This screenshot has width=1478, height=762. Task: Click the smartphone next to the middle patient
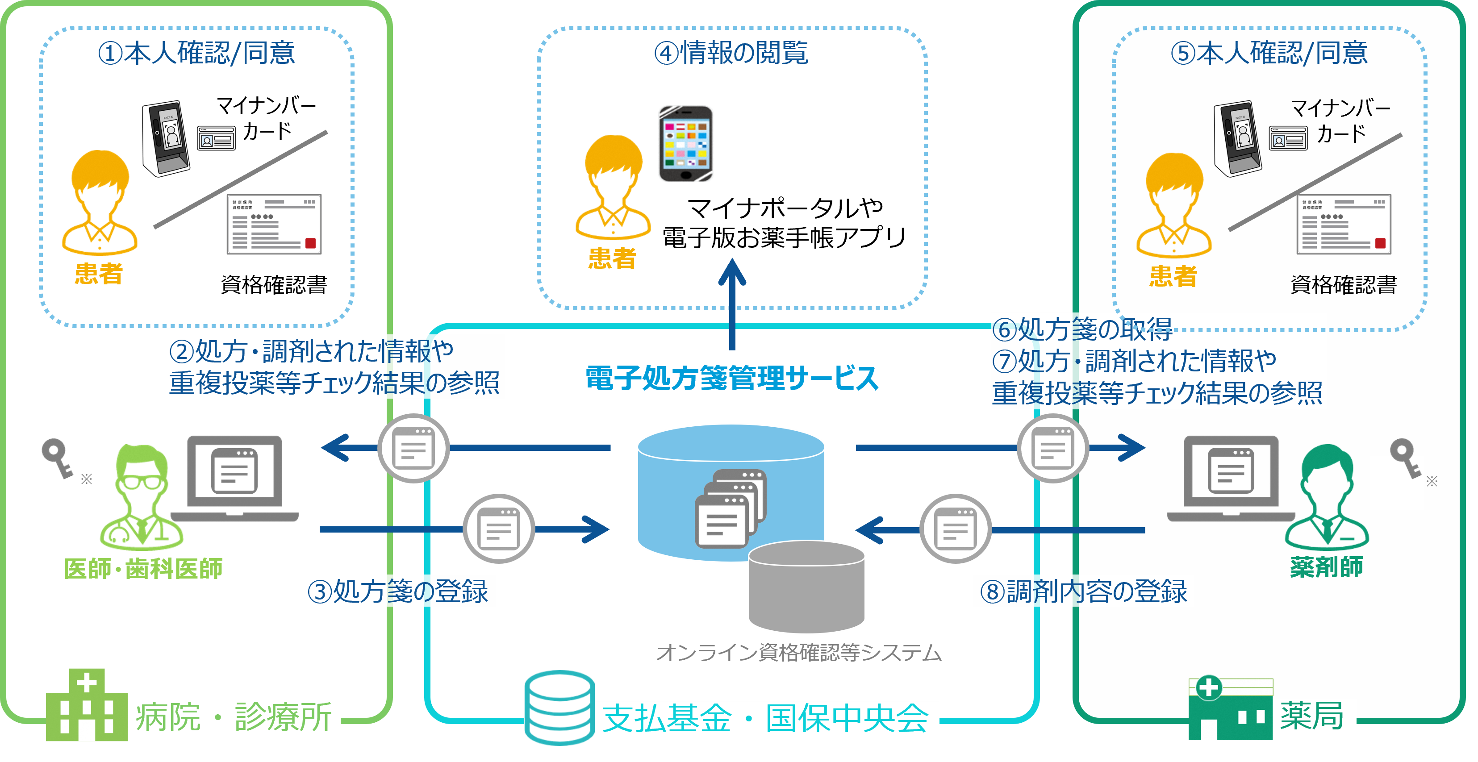(686, 143)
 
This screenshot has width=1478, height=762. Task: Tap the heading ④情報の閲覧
(731, 53)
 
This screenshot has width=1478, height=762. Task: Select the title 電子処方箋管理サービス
(731, 379)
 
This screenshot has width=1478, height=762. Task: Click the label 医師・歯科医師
(143, 569)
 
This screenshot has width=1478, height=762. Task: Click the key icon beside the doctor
(57, 457)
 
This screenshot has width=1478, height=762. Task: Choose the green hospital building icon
(86, 705)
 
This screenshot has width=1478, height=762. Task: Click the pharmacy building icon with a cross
(1230, 709)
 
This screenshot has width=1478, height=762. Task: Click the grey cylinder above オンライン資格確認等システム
(806, 585)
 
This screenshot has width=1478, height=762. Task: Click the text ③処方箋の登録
(397, 591)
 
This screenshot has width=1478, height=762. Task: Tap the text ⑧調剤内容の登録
(1083, 591)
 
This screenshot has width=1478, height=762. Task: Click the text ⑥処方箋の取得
(1082, 329)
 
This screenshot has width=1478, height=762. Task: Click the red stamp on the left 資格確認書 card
(310, 243)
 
